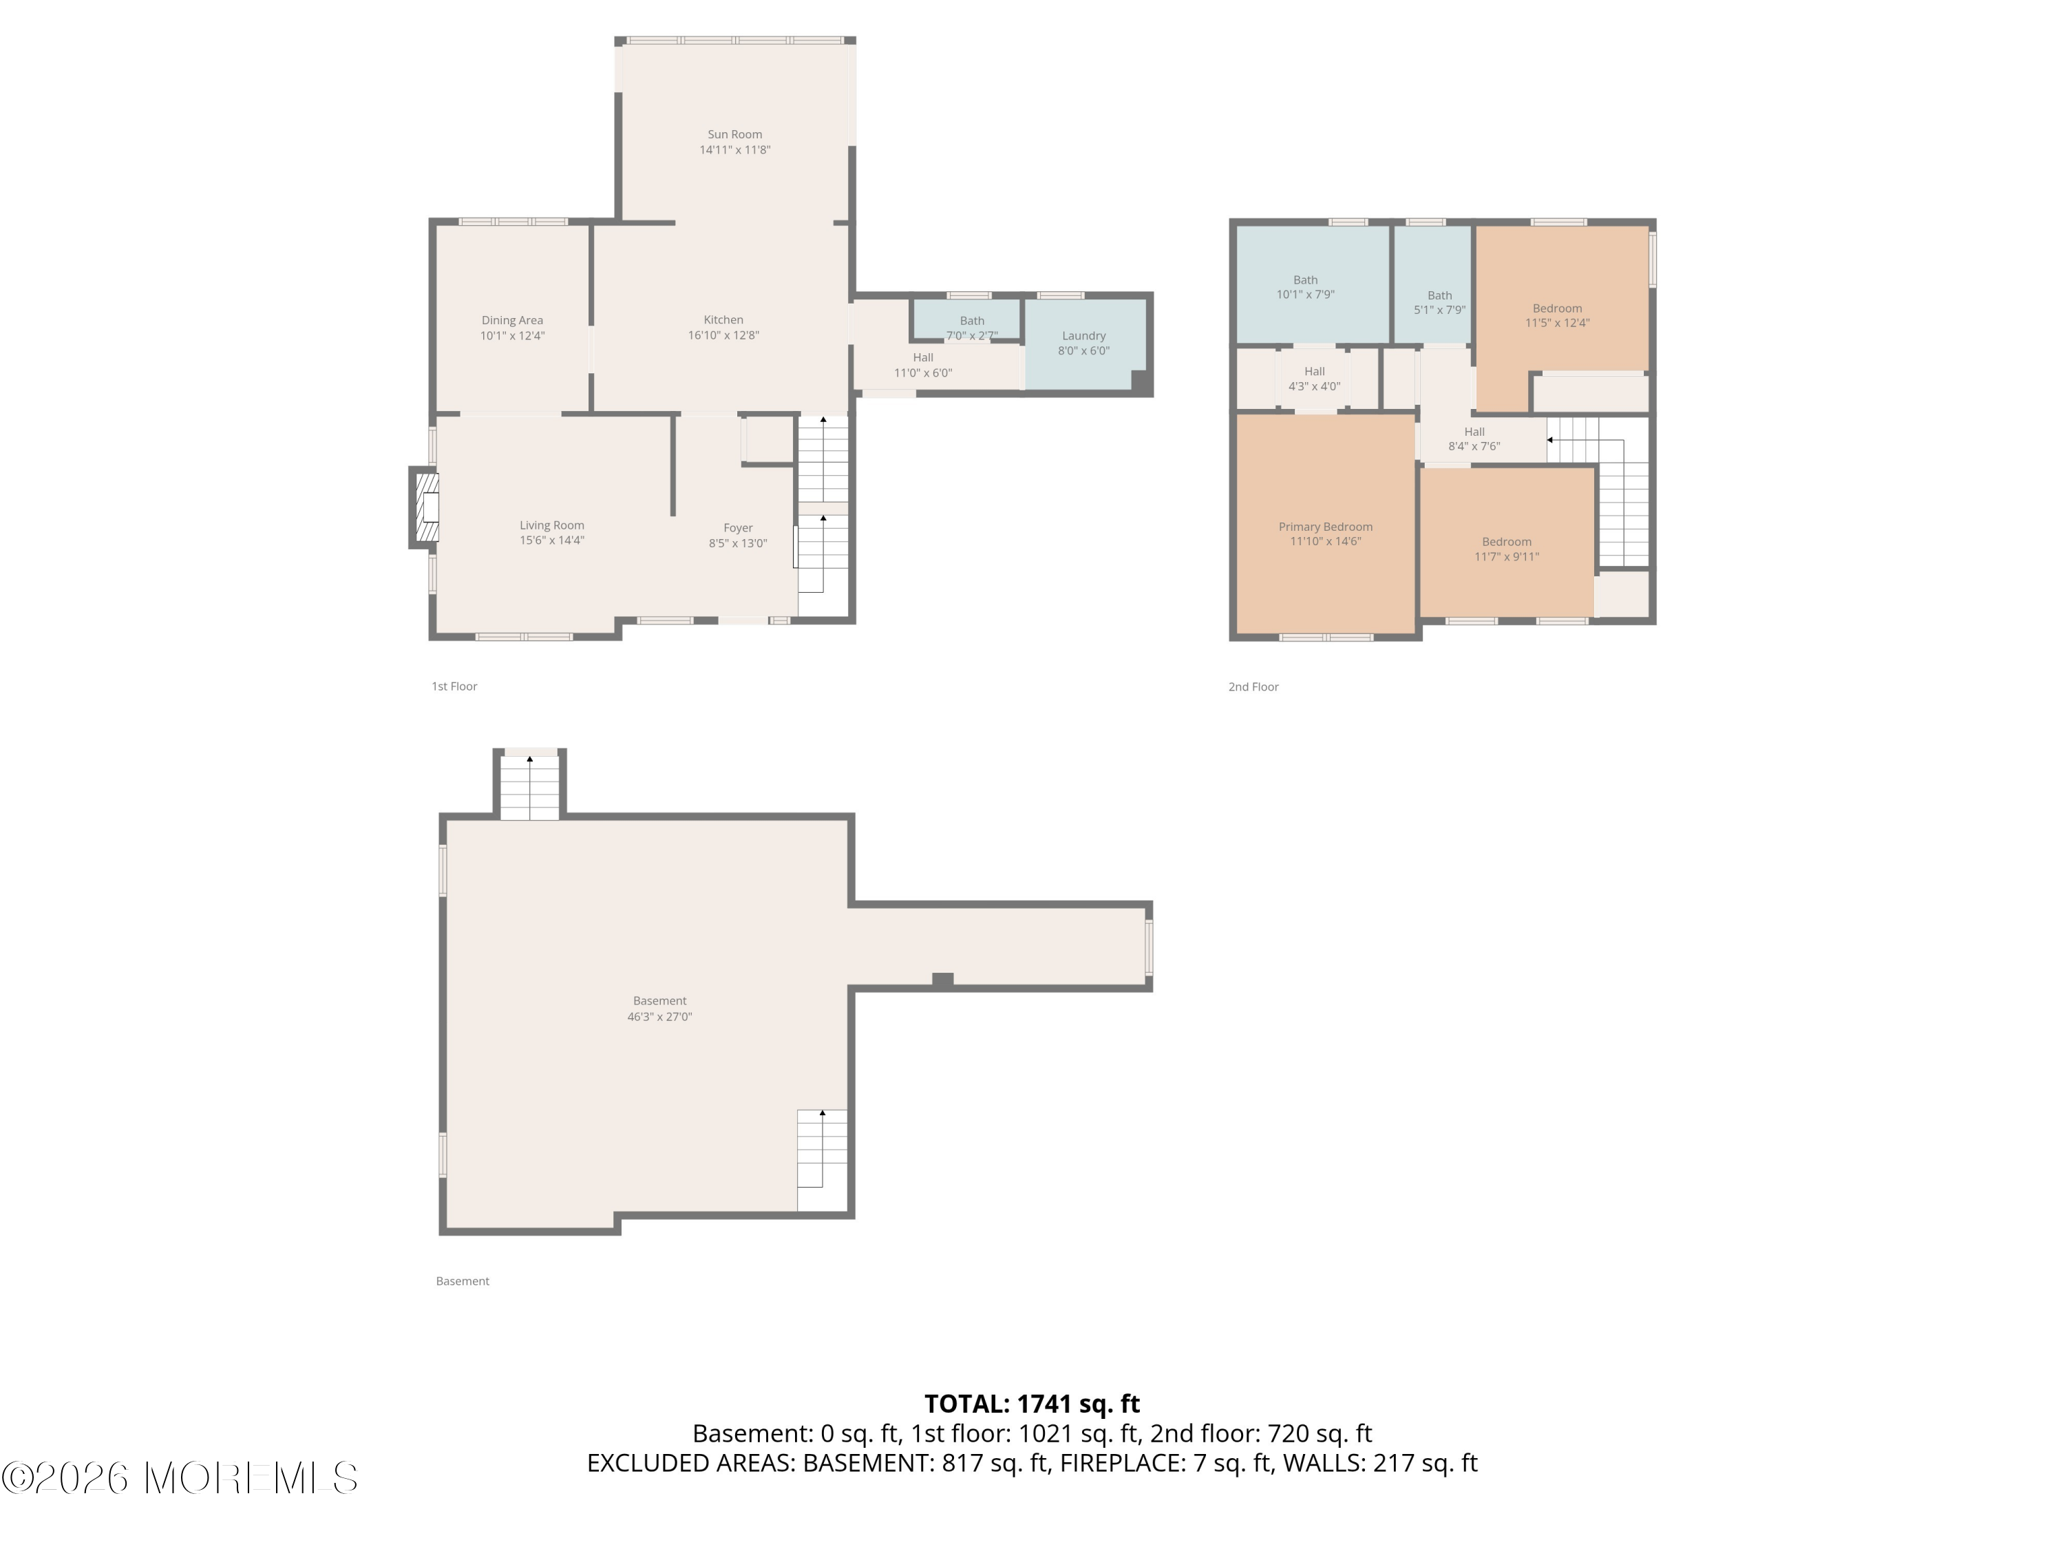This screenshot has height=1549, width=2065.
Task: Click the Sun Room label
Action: click(x=734, y=134)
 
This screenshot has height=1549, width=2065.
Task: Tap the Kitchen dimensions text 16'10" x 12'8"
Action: click(x=723, y=335)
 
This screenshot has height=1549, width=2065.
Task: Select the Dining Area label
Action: click(x=513, y=320)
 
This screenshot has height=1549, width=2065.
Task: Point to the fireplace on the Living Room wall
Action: click(x=425, y=507)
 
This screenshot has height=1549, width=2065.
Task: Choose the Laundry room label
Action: click(x=1084, y=336)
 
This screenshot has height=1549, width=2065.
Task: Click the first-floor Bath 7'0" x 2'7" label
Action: click(x=972, y=328)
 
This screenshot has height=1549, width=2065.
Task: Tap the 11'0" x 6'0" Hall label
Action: click(x=923, y=365)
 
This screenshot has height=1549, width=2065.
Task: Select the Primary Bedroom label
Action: click(x=1326, y=527)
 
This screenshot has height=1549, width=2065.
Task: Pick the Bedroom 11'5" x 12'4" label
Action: click(x=1557, y=315)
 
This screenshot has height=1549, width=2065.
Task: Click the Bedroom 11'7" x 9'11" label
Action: click(x=1507, y=549)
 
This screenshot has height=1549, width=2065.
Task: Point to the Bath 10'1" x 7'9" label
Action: click(x=1306, y=286)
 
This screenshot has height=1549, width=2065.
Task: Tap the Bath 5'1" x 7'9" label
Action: click(x=1439, y=302)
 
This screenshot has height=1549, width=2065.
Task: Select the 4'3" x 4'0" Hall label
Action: click(x=1315, y=378)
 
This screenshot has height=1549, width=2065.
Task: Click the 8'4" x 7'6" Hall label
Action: click(x=1474, y=439)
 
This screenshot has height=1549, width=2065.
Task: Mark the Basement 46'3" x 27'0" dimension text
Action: click(x=660, y=1017)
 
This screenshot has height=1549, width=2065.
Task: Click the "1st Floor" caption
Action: click(x=454, y=686)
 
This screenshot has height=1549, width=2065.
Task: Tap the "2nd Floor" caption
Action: click(x=1253, y=687)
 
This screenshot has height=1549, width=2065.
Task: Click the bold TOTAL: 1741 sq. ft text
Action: click(x=1032, y=1404)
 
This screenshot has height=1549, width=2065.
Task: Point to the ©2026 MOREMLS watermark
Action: click(x=179, y=1477)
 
